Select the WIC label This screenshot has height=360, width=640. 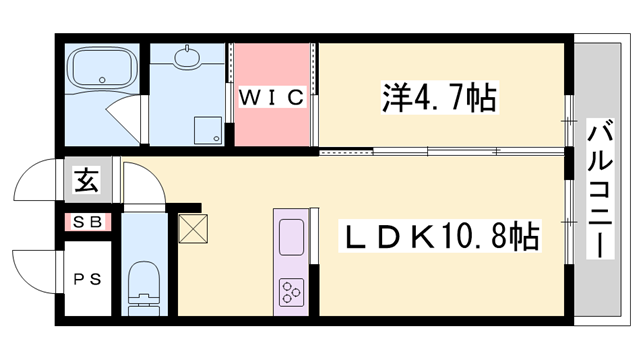click(x=271, y=97)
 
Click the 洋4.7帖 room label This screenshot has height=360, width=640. click(x=440, y=98)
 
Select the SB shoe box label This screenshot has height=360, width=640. click(x=85, y=223)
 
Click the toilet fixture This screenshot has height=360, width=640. click(x=146, y=283)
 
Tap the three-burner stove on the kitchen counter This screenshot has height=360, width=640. click(x=291, y=292)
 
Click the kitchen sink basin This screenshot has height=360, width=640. click(x=291, y=238)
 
